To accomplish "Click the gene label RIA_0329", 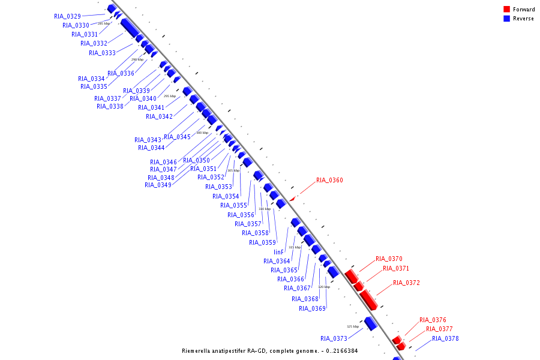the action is point(67,16).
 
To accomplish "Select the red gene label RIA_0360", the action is point(329,180).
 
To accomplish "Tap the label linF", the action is point(278,252).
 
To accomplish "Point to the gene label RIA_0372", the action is point(406,283).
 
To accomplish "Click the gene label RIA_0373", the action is point(334,338).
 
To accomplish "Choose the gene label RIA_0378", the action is point(445,338).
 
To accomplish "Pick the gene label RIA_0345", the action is point(177,137).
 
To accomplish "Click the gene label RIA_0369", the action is point(312,308).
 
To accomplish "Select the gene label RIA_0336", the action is point(121,73).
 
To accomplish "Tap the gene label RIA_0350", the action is point(196,160).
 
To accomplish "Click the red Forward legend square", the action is point(506,9).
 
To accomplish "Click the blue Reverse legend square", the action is point(506,19).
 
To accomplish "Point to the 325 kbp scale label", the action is point(353,326).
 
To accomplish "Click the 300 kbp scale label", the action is point(202,133).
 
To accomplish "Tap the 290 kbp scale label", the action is point(137,59).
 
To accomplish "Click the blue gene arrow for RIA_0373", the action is point(370,324).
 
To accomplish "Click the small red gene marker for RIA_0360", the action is point(292,199).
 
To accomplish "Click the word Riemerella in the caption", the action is point(196,350).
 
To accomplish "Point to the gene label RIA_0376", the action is point(433,320).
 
